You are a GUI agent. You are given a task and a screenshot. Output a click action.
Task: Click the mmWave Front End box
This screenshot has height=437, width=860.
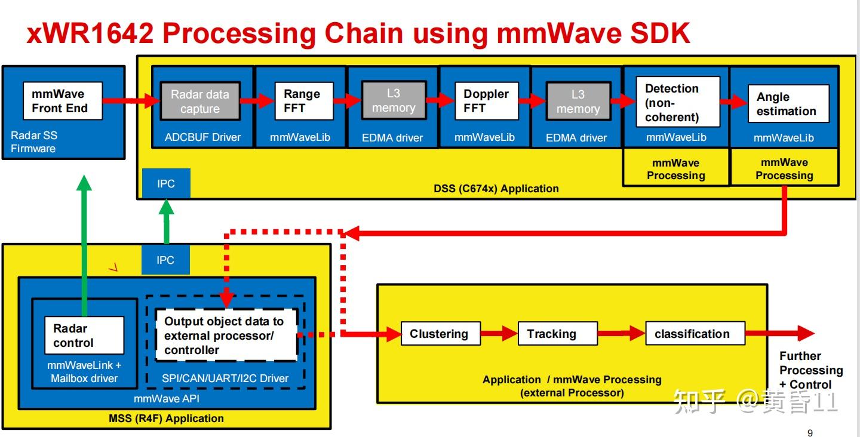pos(63,101)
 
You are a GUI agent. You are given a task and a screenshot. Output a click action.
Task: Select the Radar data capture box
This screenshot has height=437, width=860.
pos(200,101)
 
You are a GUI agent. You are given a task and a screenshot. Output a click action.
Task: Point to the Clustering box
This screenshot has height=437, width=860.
pos(440,334)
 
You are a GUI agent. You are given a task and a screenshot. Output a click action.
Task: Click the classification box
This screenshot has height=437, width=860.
pos(695,334)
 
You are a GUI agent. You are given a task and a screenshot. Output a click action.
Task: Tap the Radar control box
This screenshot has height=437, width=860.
pos(84,336)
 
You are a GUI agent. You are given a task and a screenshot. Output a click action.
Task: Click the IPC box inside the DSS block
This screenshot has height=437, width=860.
pos(166,183)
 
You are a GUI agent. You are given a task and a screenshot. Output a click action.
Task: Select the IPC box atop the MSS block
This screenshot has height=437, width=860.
pos(165,260)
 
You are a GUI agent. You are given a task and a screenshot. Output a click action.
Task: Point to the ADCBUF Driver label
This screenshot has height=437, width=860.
pos(202,137)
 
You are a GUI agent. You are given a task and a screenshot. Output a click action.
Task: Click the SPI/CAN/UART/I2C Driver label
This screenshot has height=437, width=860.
pos(225,378)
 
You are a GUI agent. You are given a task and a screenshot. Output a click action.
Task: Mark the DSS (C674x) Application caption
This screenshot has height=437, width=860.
pos(496,189)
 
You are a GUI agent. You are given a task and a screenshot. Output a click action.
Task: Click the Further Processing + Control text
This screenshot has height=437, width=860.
pos(810,370)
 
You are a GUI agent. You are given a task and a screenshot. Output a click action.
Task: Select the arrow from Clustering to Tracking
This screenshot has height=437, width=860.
pos(499,334)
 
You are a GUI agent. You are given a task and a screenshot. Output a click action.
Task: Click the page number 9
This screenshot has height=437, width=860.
pos(810,433)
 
